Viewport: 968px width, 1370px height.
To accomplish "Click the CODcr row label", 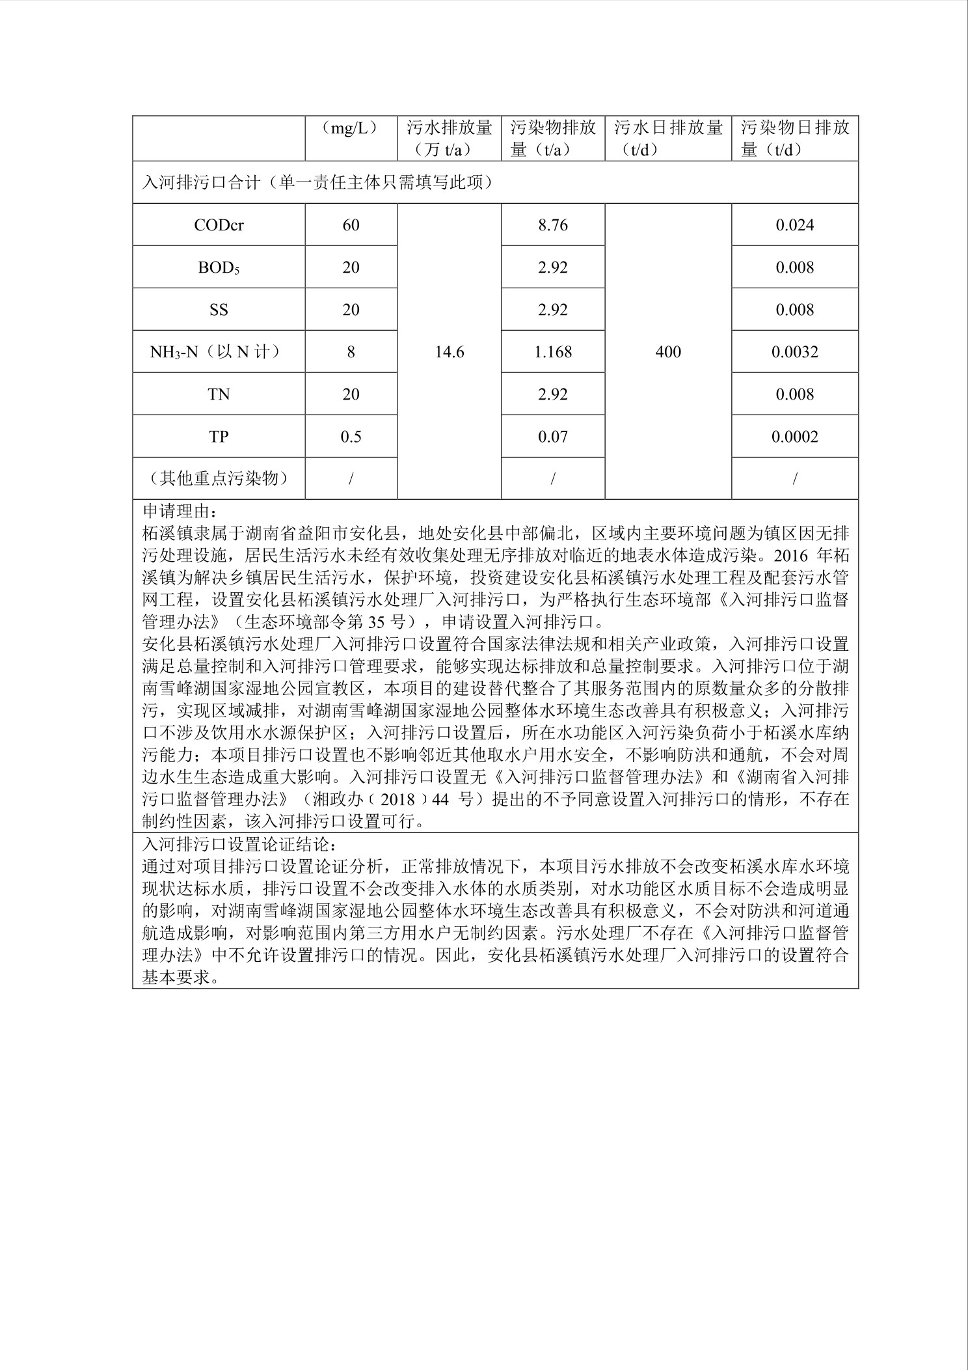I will point(219,225).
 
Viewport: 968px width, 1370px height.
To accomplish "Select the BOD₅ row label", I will point(219,267).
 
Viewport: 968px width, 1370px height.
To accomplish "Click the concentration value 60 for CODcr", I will point(351,225).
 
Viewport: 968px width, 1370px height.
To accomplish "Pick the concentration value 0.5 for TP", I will point(351,437).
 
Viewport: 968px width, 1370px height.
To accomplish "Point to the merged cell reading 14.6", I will point(449,352).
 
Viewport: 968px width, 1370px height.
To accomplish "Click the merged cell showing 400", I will point(668,352).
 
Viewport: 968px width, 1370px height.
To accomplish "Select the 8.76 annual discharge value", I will point(553,225).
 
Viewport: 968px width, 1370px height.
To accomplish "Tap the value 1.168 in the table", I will point(553,352).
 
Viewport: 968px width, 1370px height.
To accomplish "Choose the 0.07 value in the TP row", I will point(553,437).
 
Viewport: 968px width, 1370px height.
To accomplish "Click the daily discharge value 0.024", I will point(795,225).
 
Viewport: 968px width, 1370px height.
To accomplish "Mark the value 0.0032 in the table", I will point(795,352).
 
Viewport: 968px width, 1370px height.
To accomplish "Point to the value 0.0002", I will point(795,437).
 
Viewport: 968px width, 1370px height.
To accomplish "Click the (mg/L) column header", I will point(351,128).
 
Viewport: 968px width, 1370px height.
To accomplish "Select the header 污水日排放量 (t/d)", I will point(668,138).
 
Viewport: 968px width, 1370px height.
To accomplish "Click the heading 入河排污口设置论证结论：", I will point(239,845).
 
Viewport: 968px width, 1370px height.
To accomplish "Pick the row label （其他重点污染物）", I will point(219,478).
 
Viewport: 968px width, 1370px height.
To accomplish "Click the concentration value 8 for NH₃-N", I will point(351,352).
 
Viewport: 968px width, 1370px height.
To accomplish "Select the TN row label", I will point(219,394).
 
